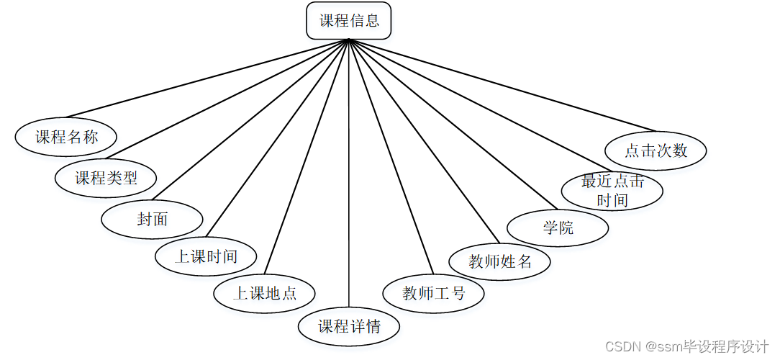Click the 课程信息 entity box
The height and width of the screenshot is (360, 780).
pos(349,21)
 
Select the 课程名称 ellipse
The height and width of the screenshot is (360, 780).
pos(66,137)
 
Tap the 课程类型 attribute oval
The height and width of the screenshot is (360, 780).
pos(106,178)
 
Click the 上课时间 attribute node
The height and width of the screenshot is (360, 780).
pos(206,256)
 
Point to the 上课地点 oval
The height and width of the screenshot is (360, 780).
pos(265,293)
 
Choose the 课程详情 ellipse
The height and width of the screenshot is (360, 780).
pos(349,326)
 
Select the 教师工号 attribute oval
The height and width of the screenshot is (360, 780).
pos(434,293)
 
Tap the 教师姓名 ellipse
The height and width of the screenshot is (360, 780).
pos(500,261)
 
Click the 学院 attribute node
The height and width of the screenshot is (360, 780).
pos(558,228)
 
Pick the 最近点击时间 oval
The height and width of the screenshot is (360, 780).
pos(612,191)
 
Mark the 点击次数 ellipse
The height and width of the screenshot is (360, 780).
pos(656,150)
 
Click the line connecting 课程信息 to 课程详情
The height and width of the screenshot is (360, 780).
pos(349,180)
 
